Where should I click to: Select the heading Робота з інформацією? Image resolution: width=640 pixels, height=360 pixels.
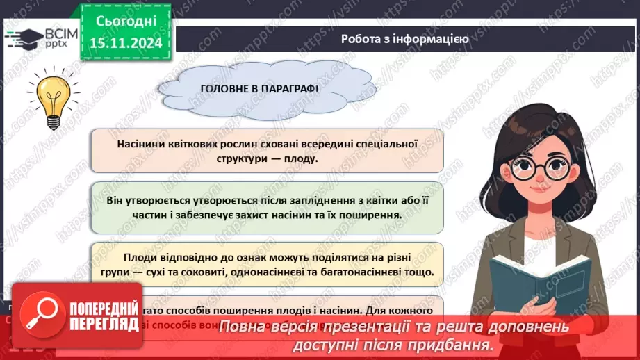(404, 39)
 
